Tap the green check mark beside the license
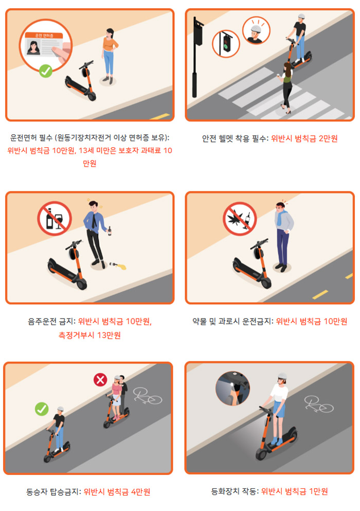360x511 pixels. (46, 71)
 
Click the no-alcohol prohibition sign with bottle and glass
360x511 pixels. (54, 218)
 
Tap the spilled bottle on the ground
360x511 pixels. (114, 266)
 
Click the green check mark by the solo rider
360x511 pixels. (42, 409)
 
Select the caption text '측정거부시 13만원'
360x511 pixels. (89, 335)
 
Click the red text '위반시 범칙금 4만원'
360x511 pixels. (117, 491)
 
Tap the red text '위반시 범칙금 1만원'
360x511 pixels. (294, 491)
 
